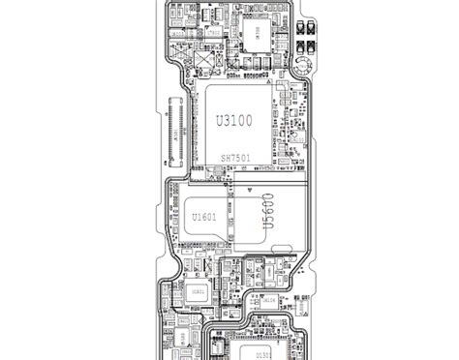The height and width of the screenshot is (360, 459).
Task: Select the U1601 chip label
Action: (x=203, y=217)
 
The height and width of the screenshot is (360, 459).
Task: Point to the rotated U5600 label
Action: (x=265, y=211)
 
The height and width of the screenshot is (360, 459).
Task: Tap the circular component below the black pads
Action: (x=304, y=67)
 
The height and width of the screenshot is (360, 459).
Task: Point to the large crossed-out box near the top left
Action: (x=204, y=60)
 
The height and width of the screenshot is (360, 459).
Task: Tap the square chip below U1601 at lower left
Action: (x=197, y=291)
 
